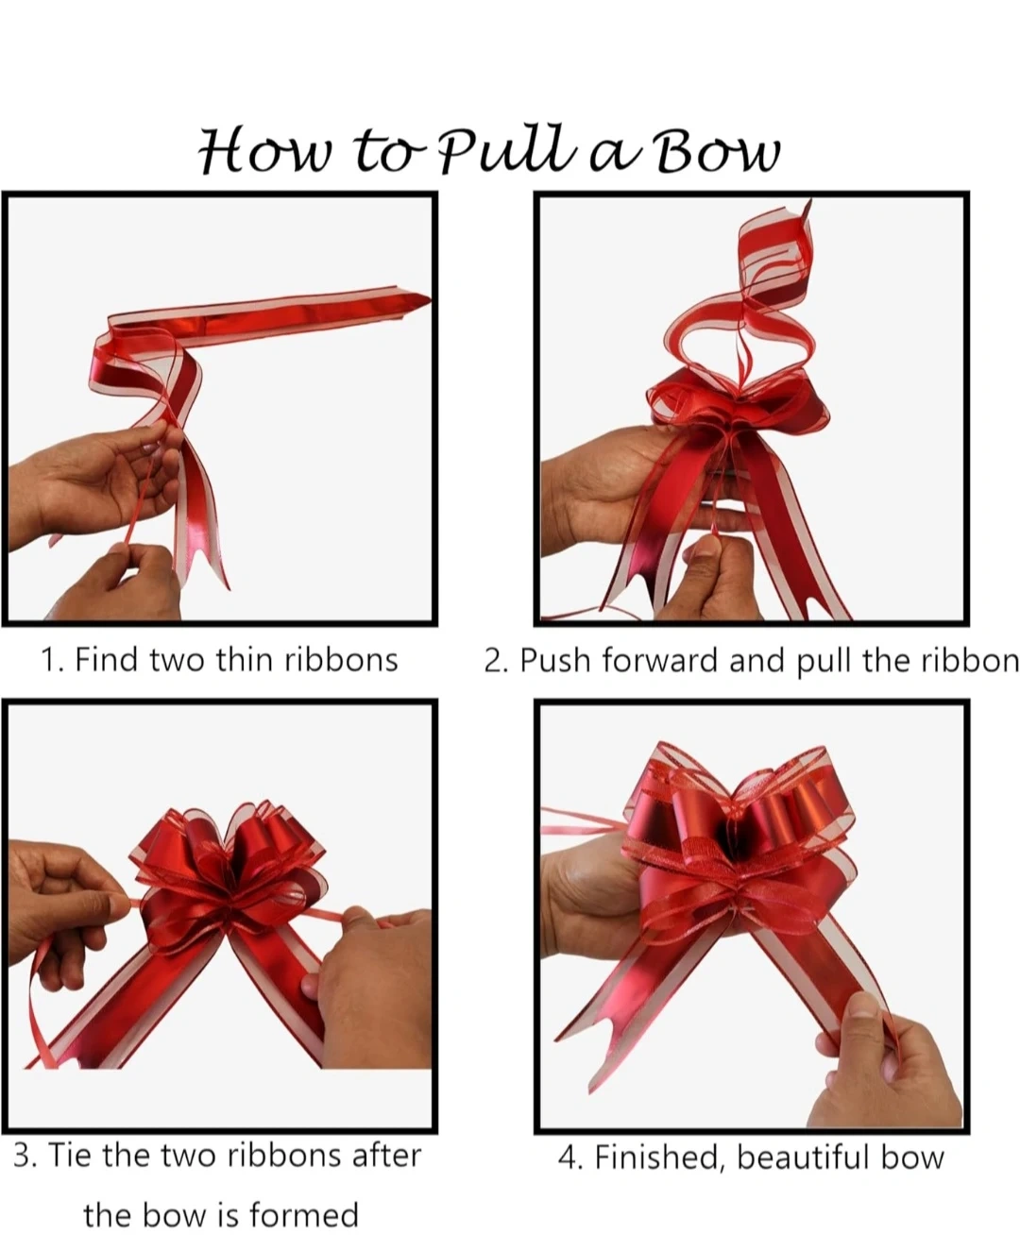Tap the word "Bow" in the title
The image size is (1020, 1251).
pos(717,151)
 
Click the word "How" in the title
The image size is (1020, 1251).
pos(264,151)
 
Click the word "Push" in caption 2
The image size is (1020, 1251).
pos(554,661)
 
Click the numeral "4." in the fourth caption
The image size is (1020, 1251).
pos(569,1158)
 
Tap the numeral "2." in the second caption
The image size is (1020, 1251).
pos(496,661)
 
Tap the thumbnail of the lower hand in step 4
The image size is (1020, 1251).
pos(862,1006)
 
